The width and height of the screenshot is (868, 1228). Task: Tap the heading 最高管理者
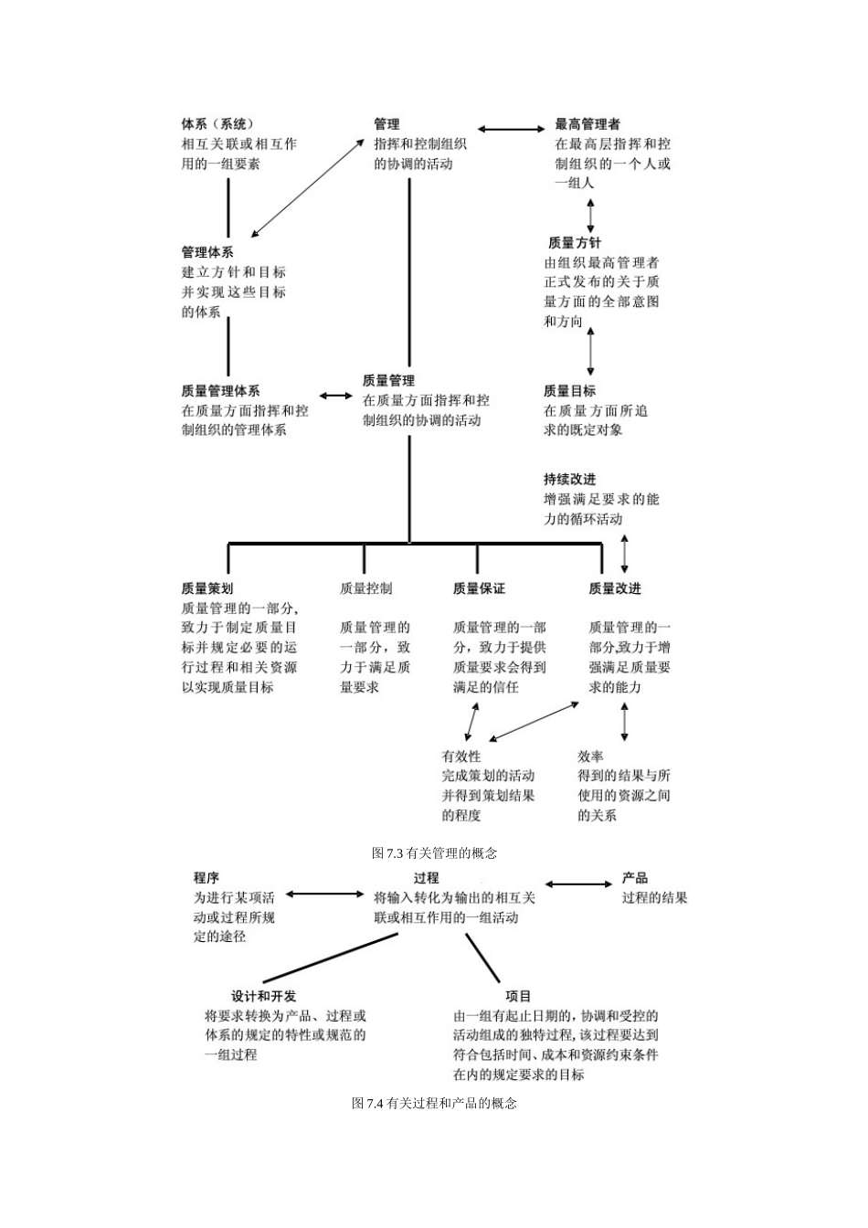[x=587, y=124]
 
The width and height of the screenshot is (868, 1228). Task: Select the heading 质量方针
[x=575, y=243]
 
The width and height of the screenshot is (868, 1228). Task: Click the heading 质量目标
[x=569, y=391]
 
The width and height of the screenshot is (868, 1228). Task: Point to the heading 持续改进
[x=569, y=480]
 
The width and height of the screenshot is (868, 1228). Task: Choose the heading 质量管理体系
[x=220, y=391]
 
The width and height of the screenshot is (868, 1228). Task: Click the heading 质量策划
[x=207, y=589]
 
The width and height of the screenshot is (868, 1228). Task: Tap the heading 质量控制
[x=365, y=589]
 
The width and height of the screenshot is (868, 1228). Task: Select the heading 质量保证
[x=479, y=589]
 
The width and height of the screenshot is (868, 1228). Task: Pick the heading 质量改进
[x=615, y=589]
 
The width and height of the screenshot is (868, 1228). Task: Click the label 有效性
[x=460, y=757]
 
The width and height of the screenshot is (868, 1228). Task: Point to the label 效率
[x=590, y=757]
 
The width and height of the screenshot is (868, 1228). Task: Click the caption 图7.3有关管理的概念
[x=434, y=853]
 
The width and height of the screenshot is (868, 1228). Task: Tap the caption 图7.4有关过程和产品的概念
[x=434, y=1104]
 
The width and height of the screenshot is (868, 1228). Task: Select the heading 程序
[x=206, y=878]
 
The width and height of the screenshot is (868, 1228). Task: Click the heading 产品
[x=635, y=878]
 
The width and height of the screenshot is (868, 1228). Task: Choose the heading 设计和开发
[x=264, y=996]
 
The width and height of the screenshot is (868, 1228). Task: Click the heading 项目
[x=518, y=996]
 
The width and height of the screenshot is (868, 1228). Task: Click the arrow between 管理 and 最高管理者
[x=511, y=130]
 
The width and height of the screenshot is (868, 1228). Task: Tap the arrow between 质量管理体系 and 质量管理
[x=335, y=396]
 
